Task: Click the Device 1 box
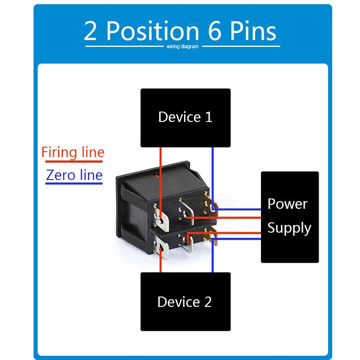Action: pos(185,117)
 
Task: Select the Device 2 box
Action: pos(185,301)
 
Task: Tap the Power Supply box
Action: pos(290,217)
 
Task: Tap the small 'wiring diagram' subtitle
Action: pos(182,47)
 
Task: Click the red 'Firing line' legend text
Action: pos(72,152)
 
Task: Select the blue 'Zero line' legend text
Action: pos(74,175)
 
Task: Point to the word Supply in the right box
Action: pos(289,228)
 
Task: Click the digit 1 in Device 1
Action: pos(208,117)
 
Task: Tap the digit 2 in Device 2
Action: pos(207,301)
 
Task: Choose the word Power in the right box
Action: pos(288,204)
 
